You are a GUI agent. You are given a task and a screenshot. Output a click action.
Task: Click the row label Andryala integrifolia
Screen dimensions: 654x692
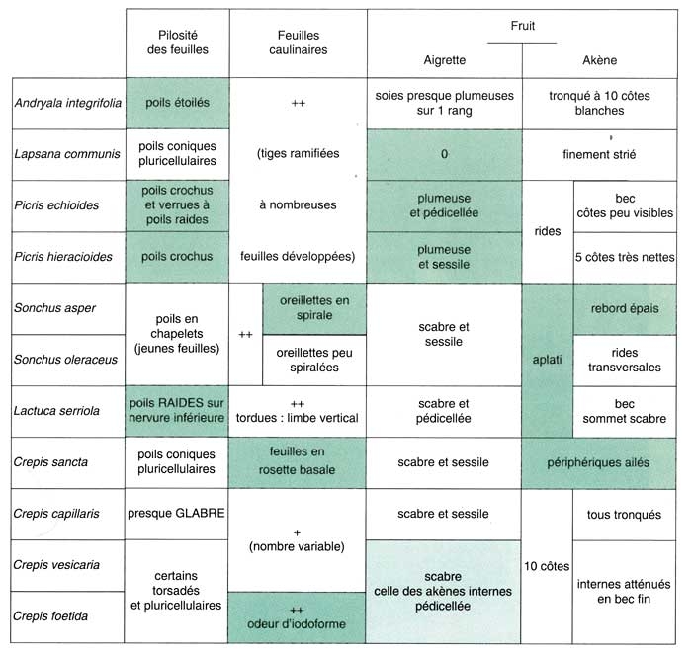coord(64,103)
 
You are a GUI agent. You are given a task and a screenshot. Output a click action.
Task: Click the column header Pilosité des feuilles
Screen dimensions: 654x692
coord(177,41)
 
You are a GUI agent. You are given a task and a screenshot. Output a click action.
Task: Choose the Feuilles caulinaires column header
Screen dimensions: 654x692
coord(297,41)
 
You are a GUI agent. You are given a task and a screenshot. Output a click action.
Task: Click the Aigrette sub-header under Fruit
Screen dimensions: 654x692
coord(444,59)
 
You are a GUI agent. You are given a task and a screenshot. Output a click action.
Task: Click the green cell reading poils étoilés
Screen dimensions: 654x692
coord(177,103)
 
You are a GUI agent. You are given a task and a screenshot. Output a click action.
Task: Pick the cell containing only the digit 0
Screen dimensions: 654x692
coord(444,154)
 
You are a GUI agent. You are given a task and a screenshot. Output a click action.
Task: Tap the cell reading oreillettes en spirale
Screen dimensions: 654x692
coord(313,307)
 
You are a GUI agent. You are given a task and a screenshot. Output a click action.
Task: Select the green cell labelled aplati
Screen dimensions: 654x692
coord(547,359)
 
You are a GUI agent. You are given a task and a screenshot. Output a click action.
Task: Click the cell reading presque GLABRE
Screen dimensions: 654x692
coord(177,514)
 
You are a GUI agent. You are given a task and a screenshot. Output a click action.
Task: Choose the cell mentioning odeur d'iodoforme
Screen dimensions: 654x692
coord(297,615)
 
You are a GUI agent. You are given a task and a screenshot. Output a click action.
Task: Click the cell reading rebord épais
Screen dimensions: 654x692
coord(624,307)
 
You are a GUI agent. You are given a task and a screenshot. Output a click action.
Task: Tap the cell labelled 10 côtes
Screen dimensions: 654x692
coord(547,565)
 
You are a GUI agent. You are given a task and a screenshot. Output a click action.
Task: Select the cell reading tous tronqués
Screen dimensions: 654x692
coord(624,514)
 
